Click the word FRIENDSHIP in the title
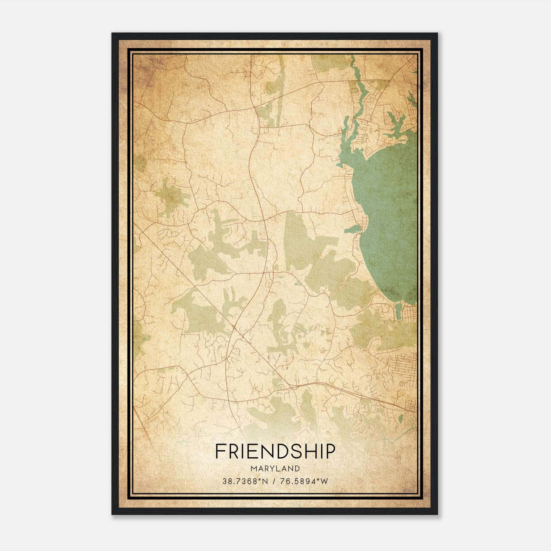[275, 451]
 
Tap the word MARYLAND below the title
[275, 468]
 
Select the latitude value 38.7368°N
[245, 481]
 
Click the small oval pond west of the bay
[352, 229]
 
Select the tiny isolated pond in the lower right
[401, 418]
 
